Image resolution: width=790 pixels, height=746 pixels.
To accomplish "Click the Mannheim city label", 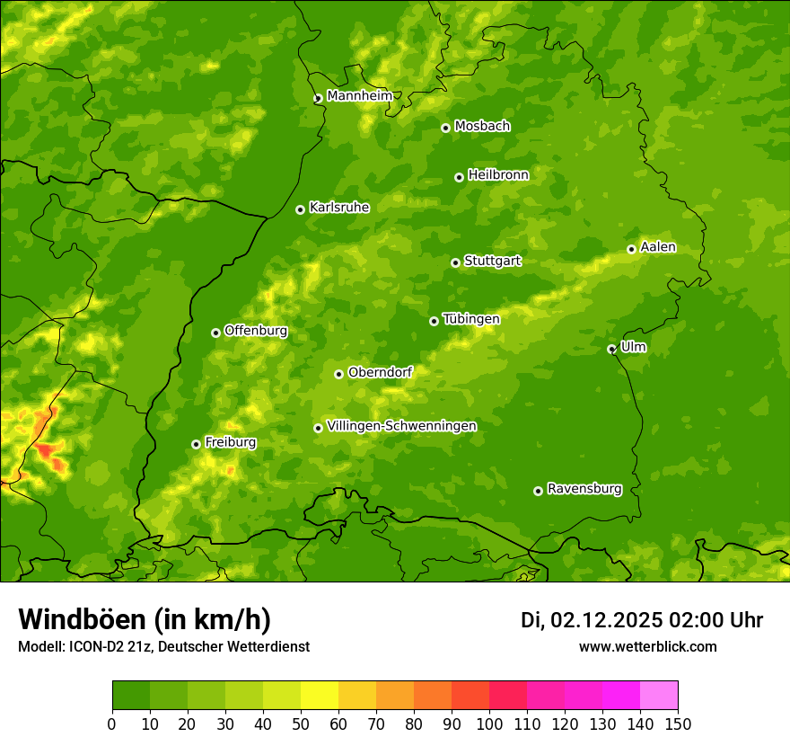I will click(x=359, y=95).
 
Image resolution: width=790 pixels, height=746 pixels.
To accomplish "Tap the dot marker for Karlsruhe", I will click(x=300, y=209).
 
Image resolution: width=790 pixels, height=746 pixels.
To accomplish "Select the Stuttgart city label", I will click(x=492, y=261).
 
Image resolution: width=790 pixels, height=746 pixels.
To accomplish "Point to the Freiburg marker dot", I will click(x=196, y=444).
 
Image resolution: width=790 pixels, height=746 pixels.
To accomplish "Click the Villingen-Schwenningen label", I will click(x=401, y=426).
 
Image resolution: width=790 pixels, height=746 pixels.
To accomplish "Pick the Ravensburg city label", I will click(x=584, y=489).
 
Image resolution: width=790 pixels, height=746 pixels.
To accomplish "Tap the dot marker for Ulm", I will click(x=611, y=349).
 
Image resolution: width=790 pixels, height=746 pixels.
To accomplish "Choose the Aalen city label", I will click(x=657, y=247).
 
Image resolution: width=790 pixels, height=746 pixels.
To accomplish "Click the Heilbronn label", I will click(x=498, y=175).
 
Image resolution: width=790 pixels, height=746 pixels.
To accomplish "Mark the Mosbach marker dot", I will click(x=445, y=128).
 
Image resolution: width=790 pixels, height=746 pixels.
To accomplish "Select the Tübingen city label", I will click(x=470, y=319).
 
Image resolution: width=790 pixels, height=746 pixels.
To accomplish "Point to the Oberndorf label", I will click(x=380, y=372).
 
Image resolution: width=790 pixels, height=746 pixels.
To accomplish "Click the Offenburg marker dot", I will click(x=215, y=333).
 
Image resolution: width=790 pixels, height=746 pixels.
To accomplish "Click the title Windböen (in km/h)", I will click(x=144, y=619).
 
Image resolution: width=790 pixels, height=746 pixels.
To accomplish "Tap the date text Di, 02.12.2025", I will click(x=591, y=620).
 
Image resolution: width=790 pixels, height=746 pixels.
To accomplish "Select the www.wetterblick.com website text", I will click(x=647, y=646).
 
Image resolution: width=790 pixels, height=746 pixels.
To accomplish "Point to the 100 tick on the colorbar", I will click(x=489, y=724).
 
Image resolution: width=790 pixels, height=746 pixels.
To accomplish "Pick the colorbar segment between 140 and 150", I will click(x=659, y=696).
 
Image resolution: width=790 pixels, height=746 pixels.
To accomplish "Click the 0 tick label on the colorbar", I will click(x=112, y=724).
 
